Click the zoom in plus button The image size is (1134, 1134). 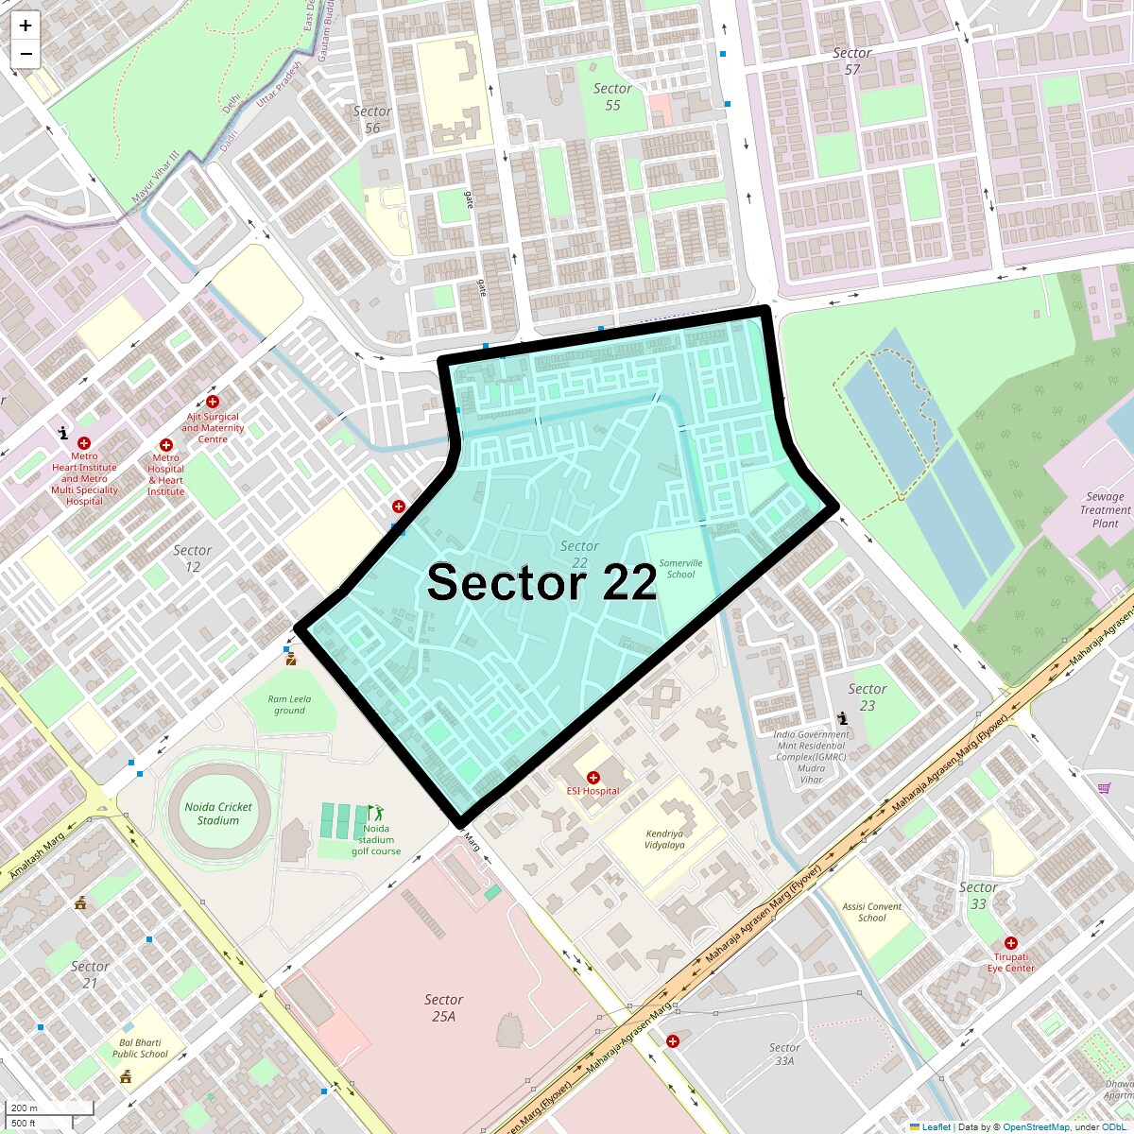(26, 26)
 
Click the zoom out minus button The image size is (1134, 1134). (26, 54)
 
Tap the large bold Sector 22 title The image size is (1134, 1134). (541, 582)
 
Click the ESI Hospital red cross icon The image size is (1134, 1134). (593, 777)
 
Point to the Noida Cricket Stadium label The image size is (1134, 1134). (218, 814)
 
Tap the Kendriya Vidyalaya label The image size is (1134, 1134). (665, 839)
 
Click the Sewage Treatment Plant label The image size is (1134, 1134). (1105, 510)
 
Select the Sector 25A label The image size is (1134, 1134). (443, 1007)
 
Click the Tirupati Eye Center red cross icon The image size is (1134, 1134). (1011, 943)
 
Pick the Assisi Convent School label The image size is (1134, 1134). (871, 912)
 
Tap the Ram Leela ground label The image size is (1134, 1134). (289, 705)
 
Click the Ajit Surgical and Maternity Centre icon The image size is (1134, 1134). (213, 402)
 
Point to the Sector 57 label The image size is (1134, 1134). (852, 61)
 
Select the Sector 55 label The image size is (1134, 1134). (612, 96)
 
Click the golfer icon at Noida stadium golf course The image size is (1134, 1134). (376, 812)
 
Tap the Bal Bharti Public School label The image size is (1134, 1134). (140, 1048)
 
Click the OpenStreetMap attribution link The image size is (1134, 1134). (1036, 1126)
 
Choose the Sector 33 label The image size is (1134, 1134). (978, 895)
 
